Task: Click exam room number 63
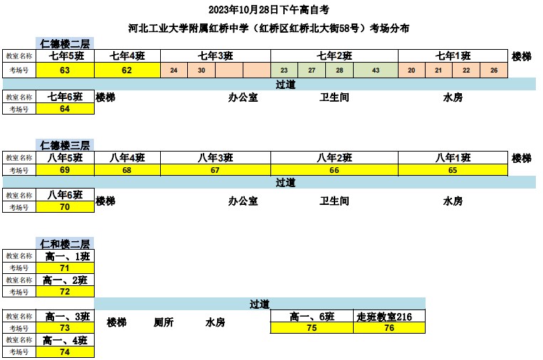(x=65, y=70)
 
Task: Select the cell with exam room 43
(x=376, y=70)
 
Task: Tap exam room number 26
(x=494, y=70)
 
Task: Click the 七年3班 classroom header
(x=216, y=56)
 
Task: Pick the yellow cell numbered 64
(x=65, y=109)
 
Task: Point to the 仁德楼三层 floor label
(x=65, y=145)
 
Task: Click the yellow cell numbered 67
(x=216, y=170)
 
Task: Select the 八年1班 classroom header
(x=453, y=158)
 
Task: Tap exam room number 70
(x=65, y=207)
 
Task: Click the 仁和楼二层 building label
(x=65, y=244)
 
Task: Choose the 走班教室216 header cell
(x=389, y=317)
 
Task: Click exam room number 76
(x=389, y=328)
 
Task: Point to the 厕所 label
(x=164, y=322)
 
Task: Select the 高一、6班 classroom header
(x=312, y=317)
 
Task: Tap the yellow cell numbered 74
(x=65, y=352)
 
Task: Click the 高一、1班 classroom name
(x=67, y=257)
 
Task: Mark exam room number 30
(x=201, y=70)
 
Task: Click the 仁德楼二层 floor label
(x=65, y=43)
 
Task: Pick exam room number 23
(x=284, y=70)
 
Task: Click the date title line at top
(x=269, y=10)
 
